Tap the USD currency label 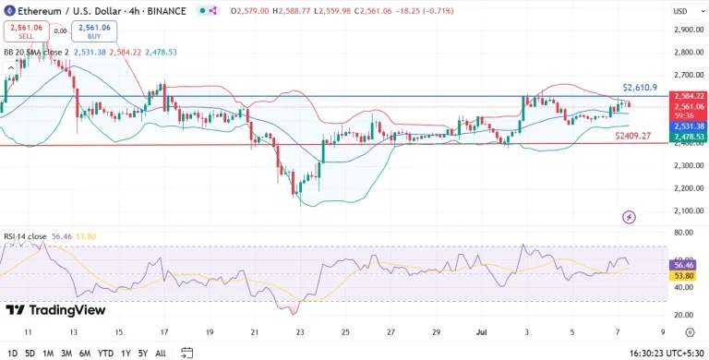[679, 11]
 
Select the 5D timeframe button [30, 353]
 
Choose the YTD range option [105, 353]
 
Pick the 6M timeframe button [85, 353]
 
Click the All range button [161, 353]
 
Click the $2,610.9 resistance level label [639, 87]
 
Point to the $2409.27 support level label [633, 136]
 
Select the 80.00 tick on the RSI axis [684, 234]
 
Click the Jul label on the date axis [481, 330]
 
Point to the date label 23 [299, 330]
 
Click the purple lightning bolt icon [630, 217]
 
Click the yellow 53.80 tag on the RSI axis [684, 275]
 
